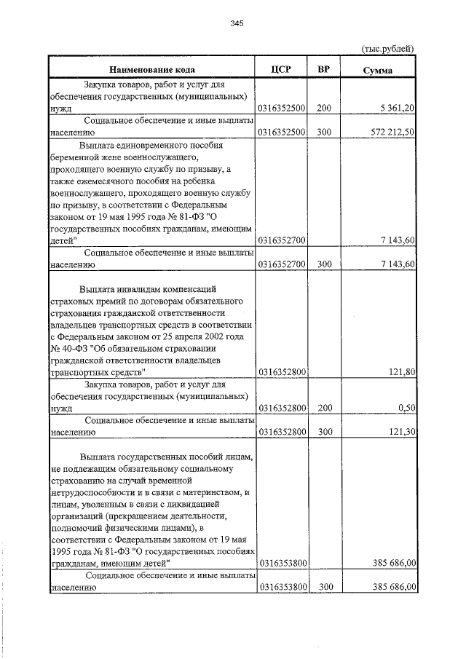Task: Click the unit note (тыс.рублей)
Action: click(388, 48)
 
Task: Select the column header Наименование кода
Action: click(151, 70)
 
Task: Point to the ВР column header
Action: click(324, 70)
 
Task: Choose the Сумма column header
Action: click(379, 71)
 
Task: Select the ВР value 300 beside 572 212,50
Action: click(324, 133)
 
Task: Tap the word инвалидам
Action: click(140, 289)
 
